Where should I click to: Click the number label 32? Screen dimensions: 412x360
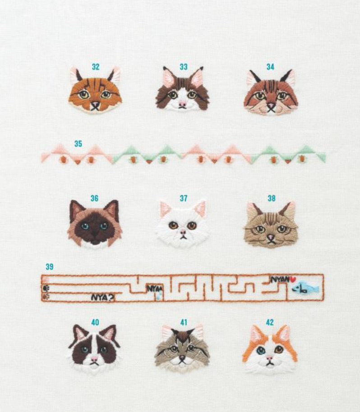96,67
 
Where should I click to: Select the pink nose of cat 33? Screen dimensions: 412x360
182,104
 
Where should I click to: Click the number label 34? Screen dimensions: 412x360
270,67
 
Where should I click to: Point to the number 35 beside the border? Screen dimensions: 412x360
78,144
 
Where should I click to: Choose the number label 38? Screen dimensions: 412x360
271,198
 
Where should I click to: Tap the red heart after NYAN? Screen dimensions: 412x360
292,279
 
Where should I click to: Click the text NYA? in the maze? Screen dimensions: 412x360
102,298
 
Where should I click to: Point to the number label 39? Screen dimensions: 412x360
50,267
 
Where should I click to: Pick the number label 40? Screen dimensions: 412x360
95,322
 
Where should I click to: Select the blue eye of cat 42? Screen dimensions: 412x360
261,350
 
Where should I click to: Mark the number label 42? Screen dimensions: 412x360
270,322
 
